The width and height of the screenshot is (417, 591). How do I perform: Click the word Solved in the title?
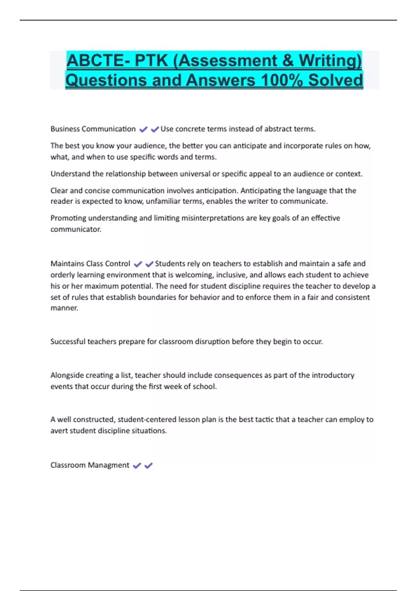pos(335,80)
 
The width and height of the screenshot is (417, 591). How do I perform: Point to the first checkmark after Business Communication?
pos(143,129)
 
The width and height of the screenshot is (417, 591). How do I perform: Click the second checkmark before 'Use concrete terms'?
pos(155,129)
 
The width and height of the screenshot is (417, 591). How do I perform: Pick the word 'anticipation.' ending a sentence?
pos(217,191)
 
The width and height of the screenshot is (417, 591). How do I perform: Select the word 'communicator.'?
pos(76,229)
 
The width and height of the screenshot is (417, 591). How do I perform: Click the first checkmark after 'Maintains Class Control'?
pos(138,264)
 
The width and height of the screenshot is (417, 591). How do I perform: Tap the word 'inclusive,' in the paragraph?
pos(231,275)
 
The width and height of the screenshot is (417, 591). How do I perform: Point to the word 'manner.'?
pos(64,308)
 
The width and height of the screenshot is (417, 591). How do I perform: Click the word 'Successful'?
pos(68,341)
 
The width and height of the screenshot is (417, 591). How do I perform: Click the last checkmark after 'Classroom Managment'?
pos(148,465)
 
